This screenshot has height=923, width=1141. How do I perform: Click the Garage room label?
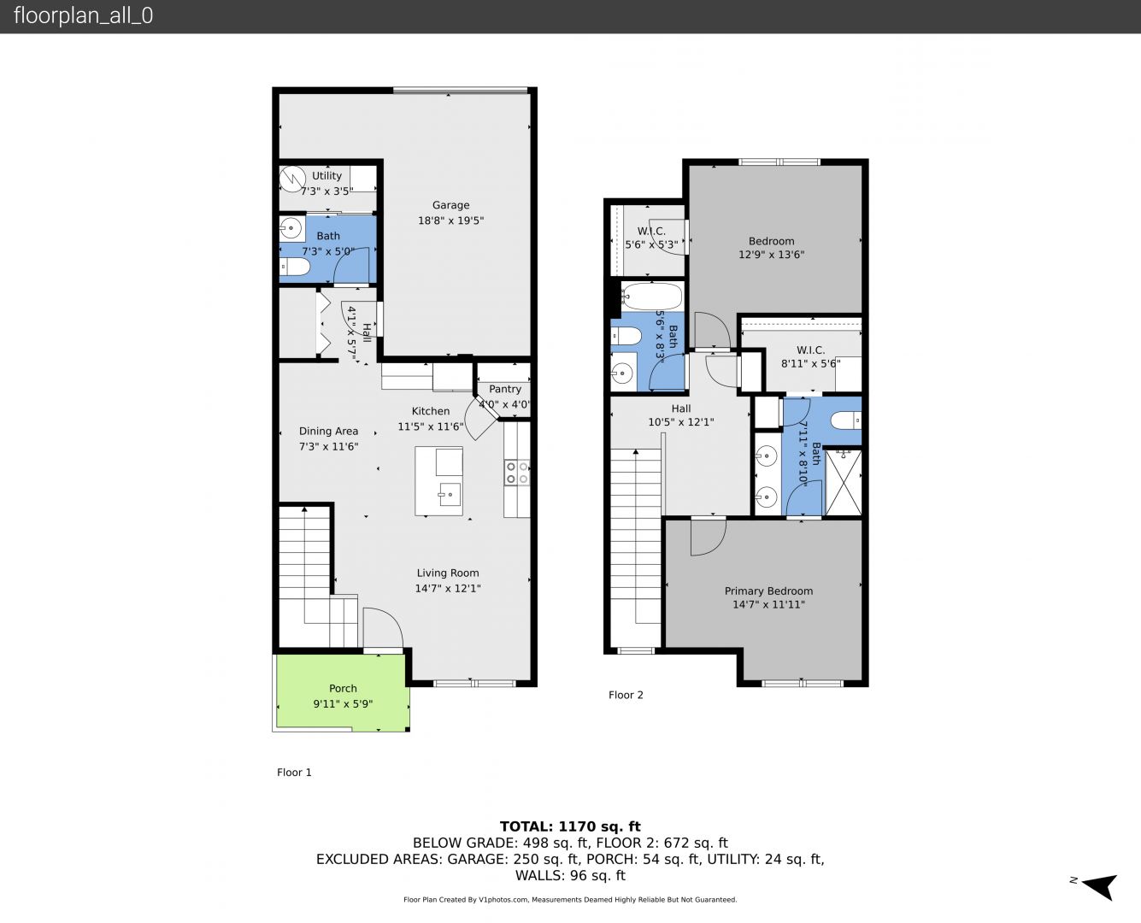[450, 205]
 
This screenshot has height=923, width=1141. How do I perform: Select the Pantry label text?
[504, 390]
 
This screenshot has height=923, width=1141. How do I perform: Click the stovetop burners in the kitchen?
[517, 473]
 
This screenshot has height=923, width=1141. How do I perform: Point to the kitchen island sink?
[450, 495]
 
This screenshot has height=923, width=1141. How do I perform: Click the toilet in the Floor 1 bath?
[295, 267]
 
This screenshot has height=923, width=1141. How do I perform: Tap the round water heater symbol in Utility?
[292, 179]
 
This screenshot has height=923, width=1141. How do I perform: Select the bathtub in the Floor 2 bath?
[652, 297]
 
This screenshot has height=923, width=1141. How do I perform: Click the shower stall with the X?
[844, 483]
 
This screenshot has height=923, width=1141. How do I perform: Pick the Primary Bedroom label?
[768, 591]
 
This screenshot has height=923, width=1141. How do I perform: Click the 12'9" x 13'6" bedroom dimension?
[772, 255]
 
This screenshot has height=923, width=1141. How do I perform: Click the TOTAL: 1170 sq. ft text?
[570, 826]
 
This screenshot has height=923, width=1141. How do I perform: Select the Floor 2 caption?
[626, 696]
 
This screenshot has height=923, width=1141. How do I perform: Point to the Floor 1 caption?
[294, 773]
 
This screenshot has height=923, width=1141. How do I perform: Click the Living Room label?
[448, 573]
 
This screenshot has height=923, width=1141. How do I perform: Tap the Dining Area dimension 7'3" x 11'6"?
[328, 447]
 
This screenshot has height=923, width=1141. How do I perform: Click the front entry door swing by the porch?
[383, 628]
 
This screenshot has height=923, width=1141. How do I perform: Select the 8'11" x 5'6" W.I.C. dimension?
[810, 364]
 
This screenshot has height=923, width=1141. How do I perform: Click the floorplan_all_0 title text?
[84, 15]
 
